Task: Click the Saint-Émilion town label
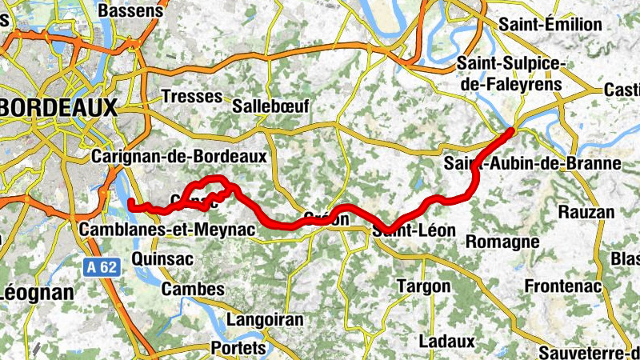tap(550, 25)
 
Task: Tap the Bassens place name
tap(127, 11)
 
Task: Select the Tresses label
tap(191, 96)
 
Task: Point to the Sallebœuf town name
tap(270, 106)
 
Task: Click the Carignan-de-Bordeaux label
tap(179, 157)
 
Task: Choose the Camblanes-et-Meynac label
tap(168, 230)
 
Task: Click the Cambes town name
tap(182, 289)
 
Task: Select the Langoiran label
tap(265, 320)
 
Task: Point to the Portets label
tap(238, 349)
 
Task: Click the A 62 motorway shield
tap(102, 266)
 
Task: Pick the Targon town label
tap(424, 286)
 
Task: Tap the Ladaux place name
tap(447, 342)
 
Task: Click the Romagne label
tap(502, 241)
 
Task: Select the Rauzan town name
tap(586, 213)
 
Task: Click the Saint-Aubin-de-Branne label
tap(533, 165)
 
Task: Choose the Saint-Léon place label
tap(414, 231)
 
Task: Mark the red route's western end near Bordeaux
tap(130, 204)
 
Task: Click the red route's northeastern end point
tap(511, 130)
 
